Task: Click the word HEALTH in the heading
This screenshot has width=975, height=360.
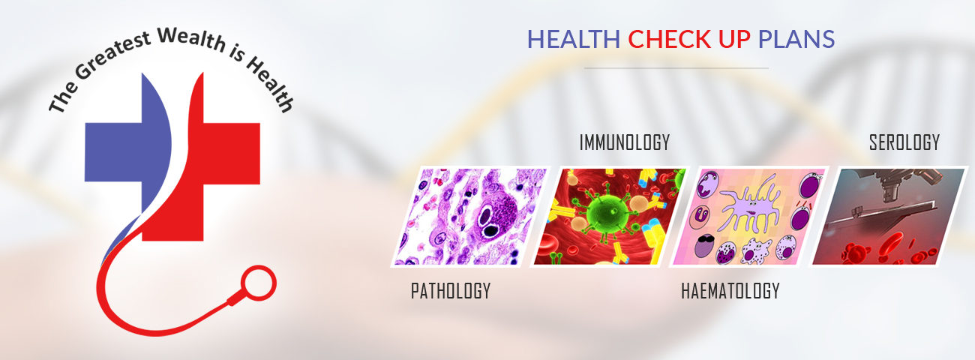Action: pos(573,40)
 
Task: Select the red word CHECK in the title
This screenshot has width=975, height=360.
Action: pos(670,40)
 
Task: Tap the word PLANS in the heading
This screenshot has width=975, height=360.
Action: pos(796,40)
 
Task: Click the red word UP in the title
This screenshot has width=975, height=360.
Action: pos(734,40)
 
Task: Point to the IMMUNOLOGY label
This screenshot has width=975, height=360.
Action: pos(625,142)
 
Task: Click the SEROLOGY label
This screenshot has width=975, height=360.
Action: pos(904,142)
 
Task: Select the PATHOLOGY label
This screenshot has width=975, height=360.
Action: pos(451,291)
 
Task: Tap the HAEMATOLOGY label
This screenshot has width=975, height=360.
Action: pos(730,291)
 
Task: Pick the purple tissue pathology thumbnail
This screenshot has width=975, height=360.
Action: pos(470,216)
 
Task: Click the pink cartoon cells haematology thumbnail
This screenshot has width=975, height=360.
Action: pos(748,216)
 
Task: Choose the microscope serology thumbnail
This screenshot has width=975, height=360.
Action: pos(888,216)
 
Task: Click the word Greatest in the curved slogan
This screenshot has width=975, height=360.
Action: pos(114,55)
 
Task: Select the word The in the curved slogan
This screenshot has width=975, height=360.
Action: pos(63,97)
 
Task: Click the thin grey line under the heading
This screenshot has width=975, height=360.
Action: pos(676,68)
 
